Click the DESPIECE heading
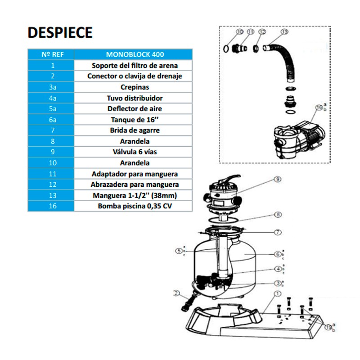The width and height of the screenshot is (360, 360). [60, 32]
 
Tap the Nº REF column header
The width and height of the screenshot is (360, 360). [50, 54]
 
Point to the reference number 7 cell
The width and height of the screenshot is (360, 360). [50, 130]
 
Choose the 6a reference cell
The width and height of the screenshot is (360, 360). [50, 120]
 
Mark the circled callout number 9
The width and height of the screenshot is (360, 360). [278, 179]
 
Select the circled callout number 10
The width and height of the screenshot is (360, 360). [239, 32]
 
